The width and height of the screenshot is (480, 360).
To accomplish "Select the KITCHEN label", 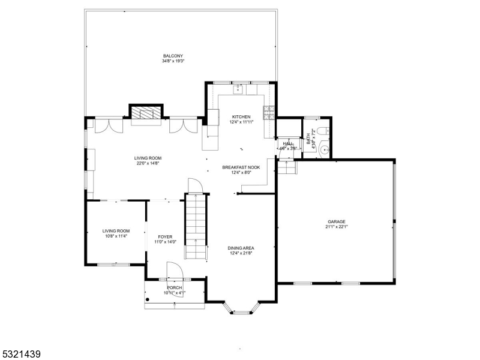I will pyautogui.click(x=242, y=116).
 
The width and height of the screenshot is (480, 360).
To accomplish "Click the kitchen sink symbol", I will pyautogui.click(x=238, y=89).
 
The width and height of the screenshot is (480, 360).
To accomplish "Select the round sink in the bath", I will pyautogui.click(x=324, y=150).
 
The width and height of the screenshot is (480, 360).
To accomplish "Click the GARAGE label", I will pyautogui.click(x=336, y=221).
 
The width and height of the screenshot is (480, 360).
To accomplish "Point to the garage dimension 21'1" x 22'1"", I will pyautogui.click(x=336, y=227).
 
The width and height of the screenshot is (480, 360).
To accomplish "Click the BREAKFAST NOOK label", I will pyautogui.click(x=241, y=167).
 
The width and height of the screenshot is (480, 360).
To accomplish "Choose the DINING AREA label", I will pyautogui.click(x=241, y=248).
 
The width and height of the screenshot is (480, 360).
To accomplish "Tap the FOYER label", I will pyautogui.click(x=166, y=236).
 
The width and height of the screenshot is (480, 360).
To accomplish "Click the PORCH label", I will pyautogui.click(x=175, y=288).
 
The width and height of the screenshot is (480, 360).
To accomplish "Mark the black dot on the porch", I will pyautogui.click(x=148, y=299).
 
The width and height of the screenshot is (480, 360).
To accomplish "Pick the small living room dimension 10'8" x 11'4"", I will pyautogui.click(x=115, y=236).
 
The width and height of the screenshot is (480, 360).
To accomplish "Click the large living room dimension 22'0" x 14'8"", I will pyautogui.click(x=148, y=163).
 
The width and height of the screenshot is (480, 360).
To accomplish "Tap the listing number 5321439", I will pyautogui.click(x=21, y=354).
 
